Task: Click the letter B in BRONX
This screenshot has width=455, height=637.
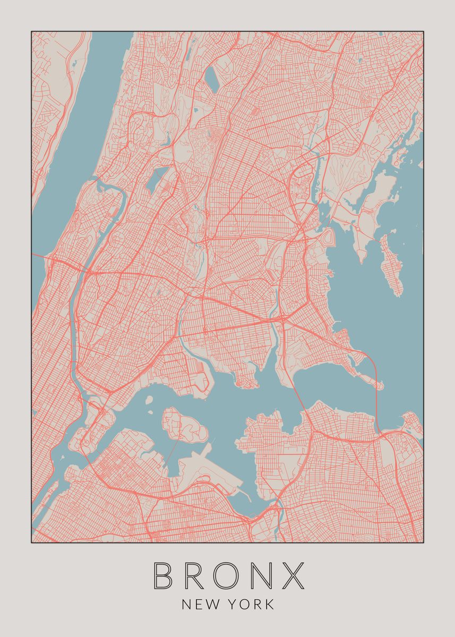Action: (164, 575)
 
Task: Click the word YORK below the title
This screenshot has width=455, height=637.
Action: (253, 604)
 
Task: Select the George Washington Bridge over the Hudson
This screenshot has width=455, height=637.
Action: (42, 257)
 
